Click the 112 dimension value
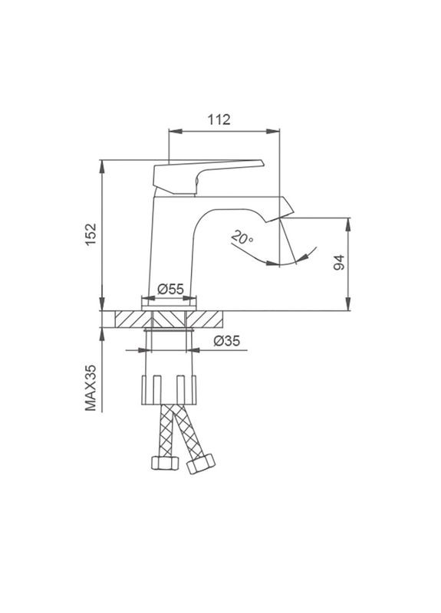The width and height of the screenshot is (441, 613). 219,120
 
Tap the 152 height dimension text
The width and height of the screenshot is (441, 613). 91,234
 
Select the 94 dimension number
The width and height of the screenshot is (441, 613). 339,262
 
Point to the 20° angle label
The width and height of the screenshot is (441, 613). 242,238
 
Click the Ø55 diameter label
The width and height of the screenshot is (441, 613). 170,289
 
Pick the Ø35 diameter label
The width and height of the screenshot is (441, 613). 226,341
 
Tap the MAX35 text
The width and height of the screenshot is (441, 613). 91,388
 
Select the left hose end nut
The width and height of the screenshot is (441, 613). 165,463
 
